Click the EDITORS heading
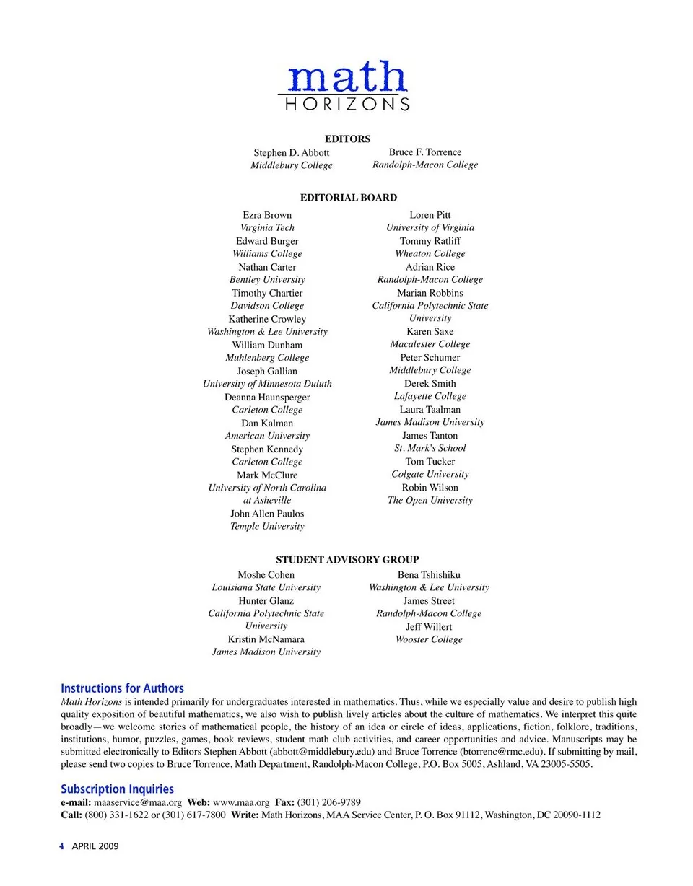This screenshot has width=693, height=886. click(347, 139)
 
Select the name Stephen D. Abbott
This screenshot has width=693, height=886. click(291, 152)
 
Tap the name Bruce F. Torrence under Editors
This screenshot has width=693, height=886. click(424, 152)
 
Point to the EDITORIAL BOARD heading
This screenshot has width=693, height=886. click(348, 197)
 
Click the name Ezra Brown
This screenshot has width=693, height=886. click(267, 215)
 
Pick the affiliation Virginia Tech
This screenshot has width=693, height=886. click(267, 227)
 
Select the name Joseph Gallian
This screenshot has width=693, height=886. click(267, 371)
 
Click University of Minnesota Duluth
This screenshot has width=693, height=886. click(267, 384)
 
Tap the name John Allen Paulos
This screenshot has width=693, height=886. click(267, 514)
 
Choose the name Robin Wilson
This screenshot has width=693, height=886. click(430, 487)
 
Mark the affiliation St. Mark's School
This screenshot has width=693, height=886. click(430, 448)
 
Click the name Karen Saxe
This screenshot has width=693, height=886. click(430, 331)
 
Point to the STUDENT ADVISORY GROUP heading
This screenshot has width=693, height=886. click(347, 559)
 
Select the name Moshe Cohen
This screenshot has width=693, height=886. click(266, 575)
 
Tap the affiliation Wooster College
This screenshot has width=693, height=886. click(429, 639)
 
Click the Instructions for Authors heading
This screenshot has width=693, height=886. click(122, 688)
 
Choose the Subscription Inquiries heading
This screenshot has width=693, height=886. click(117, 789)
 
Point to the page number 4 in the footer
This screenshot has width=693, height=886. click(62, 846)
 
